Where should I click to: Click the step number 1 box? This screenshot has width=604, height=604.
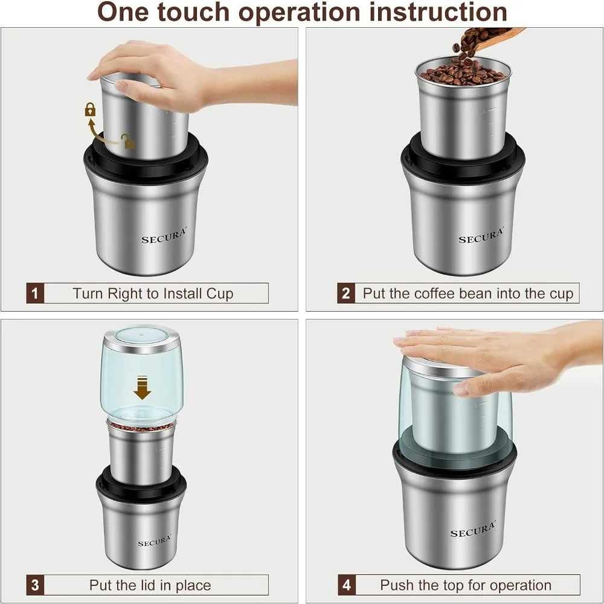[x=35, y=293]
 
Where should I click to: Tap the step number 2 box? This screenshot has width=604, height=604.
[x=346, y=293]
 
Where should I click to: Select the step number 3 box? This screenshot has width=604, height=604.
[x=35, y=585]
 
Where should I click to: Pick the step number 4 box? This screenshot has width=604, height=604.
[x=347, y=585]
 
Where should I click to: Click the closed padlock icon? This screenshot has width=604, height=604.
[x=90, y=109]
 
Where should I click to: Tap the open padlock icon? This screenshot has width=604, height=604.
[x=128, y=141]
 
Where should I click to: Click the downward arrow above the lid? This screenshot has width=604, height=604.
[x=142, y=387]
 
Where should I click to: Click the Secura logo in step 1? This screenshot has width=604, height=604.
[x=163, y=236]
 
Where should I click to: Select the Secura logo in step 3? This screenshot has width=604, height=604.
[x=155, y=540]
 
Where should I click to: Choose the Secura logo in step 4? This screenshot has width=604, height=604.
[x=473, y=529]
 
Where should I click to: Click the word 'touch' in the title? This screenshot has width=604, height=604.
[x=194, y=11]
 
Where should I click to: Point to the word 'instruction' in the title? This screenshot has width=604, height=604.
[x=437, y=11]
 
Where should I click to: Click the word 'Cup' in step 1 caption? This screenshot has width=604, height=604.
[x=220, y=294]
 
